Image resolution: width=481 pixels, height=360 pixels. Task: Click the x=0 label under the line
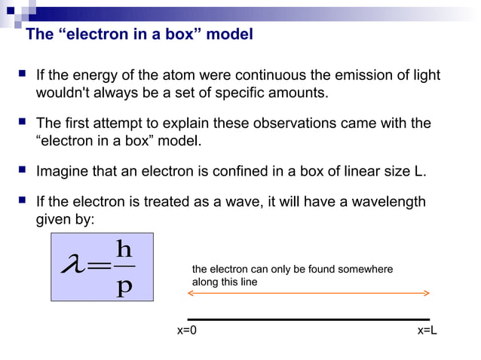click(x=187, y=331)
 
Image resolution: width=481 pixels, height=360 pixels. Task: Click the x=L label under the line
click(x=427, y=331)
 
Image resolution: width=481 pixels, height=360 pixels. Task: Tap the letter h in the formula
click(x=125, y=248)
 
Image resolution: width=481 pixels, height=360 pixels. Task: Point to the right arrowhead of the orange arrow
click(x=427, y=293)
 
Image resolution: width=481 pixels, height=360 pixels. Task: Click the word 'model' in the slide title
click(x=230, y=35)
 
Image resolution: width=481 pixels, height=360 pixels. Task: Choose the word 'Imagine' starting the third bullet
click(x=63, y=171)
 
